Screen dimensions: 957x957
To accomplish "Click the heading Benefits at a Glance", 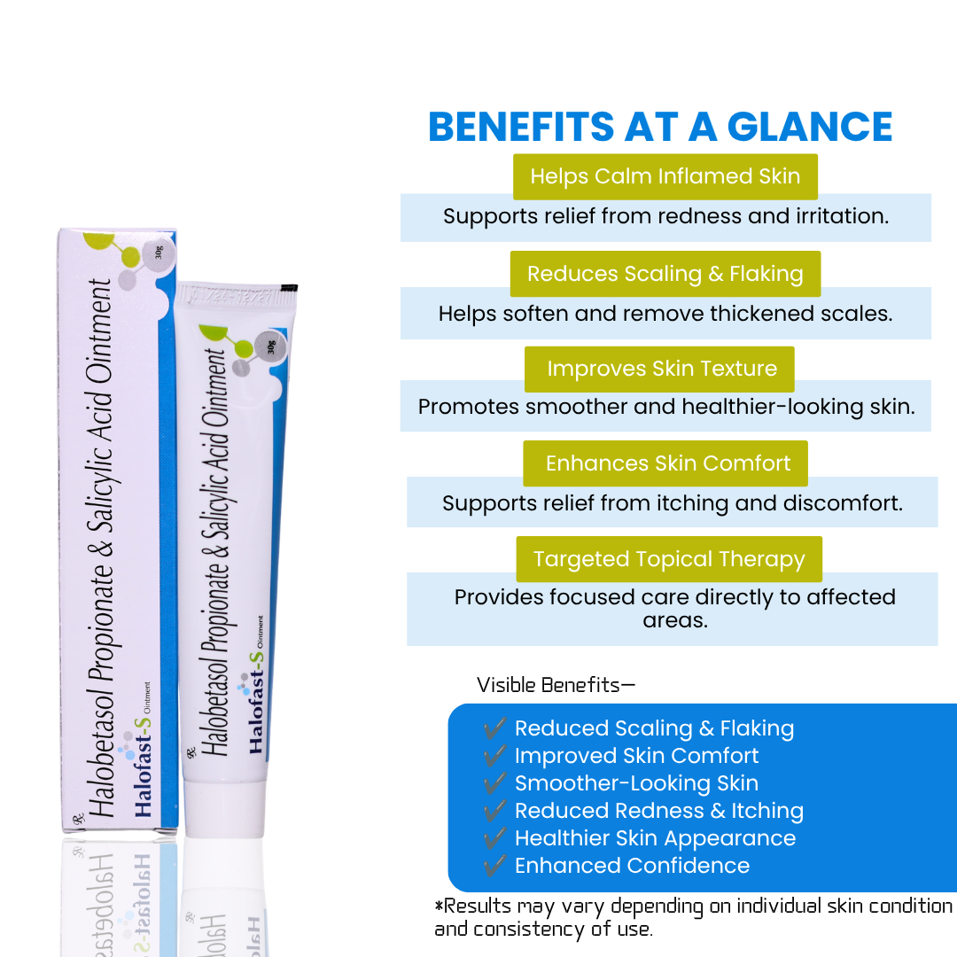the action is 660,127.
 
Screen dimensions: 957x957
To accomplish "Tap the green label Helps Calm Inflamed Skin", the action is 665,176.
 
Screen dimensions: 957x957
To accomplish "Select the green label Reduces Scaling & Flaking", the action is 665,274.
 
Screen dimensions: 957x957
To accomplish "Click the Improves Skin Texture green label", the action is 660,369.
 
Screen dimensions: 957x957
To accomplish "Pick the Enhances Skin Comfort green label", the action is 665,463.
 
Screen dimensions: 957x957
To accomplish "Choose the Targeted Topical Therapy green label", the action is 669,559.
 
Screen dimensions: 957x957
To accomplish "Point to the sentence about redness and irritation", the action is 665,216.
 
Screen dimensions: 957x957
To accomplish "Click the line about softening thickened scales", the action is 665,314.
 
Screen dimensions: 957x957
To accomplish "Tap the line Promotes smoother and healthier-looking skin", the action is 666,407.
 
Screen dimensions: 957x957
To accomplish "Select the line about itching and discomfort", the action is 672,503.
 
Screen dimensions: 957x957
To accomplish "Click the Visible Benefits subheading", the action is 556,685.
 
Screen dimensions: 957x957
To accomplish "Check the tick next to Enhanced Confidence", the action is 495,865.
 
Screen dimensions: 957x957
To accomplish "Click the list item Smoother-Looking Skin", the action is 636,783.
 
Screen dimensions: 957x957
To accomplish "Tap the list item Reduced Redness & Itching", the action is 659,811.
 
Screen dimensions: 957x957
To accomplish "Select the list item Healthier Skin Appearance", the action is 656,838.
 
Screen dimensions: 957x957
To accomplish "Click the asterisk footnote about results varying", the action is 693,917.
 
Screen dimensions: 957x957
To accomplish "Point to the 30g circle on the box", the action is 159,253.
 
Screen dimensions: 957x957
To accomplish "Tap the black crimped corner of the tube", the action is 289,287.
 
